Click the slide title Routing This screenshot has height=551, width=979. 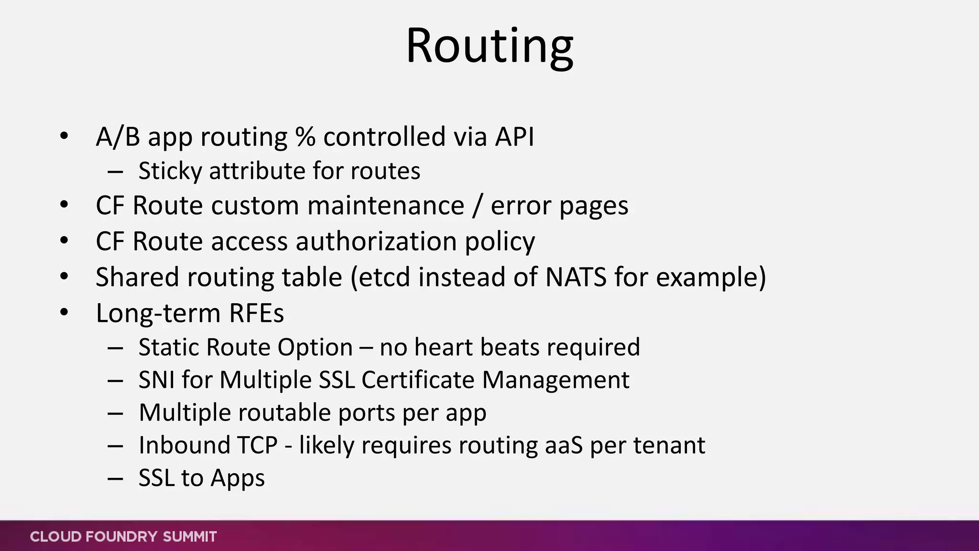[489, 46]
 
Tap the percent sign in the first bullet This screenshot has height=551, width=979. [305, 137]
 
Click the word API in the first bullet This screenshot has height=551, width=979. [514, 137]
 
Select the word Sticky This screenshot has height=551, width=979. [170, 171]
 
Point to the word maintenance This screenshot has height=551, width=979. [386, 206]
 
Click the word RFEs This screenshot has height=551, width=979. [257, 313]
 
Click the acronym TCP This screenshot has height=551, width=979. [258, 445]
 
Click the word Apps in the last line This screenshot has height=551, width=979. [238, 478]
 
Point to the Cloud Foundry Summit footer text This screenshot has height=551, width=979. [123, 537]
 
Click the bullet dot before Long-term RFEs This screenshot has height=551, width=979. [65, 313]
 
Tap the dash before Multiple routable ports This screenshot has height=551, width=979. [115, 413]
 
